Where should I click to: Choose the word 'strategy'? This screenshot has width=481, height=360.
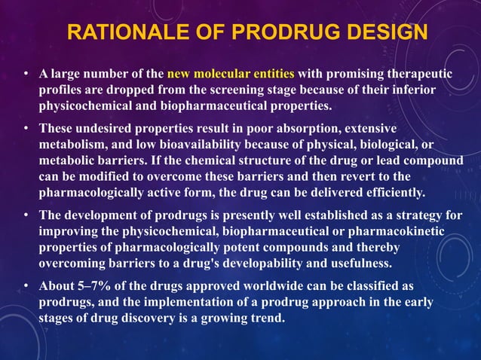click(430, 214)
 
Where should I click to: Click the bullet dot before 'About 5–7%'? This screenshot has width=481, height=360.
click(26, 286)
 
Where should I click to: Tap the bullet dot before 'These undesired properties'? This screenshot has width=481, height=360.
click(26, 128)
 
